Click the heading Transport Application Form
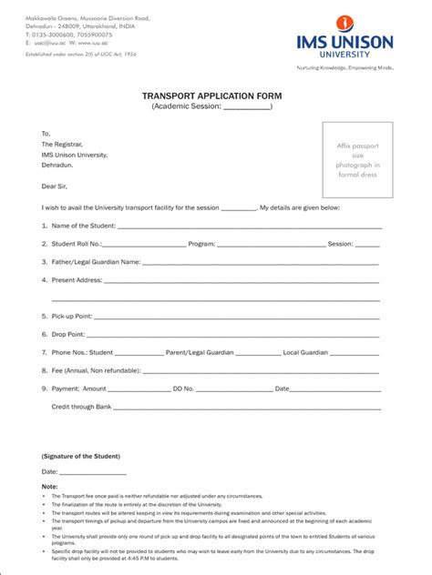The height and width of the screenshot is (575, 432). [x=211, y=95]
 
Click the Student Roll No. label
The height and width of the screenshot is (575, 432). [x=77, y=244]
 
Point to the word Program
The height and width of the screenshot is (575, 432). [x=201, y=244]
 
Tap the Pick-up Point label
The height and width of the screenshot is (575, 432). [x=72, y=316]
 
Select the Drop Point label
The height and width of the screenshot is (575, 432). [x=68, y=334]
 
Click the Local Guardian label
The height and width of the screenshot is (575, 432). [x=305, y=352]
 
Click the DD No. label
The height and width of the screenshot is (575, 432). [x=183, y=388]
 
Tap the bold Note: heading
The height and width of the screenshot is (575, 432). [x=49, y=487]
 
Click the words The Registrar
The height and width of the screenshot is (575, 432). [x=62, y=144]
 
